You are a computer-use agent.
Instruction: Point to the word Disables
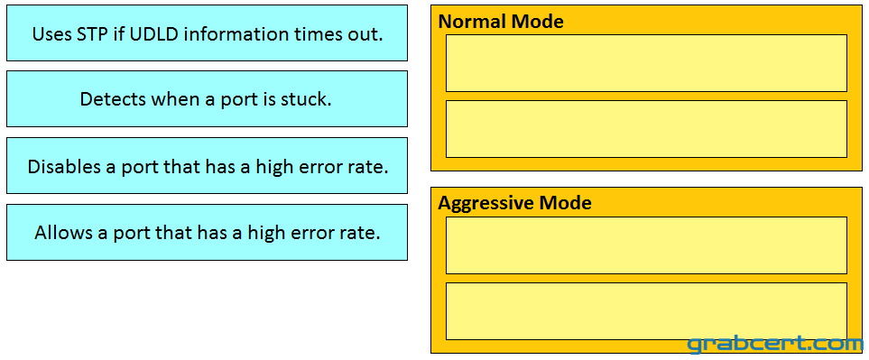[62, 166]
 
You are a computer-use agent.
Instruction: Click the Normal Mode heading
[501, 21]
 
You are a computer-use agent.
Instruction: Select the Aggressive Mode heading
[514, 203]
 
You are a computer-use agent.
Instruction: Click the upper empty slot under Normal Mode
[646, 63]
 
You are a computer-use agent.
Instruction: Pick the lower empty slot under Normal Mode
[646, 129]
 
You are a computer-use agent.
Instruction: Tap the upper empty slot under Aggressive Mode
[646, 245]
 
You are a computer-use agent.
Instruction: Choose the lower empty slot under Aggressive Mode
[646, 311]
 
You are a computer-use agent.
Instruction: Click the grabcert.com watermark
[776, 344]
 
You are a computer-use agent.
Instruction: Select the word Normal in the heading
[472, 21]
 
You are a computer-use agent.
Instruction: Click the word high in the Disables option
[273, 167]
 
